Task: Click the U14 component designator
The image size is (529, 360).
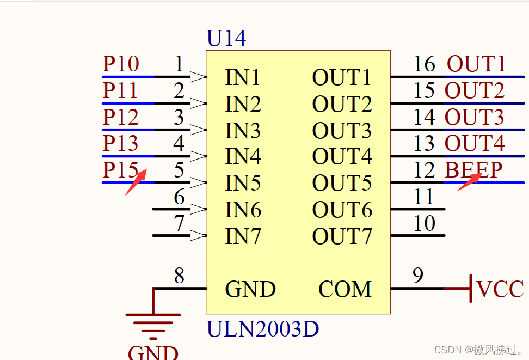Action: pos(226,38)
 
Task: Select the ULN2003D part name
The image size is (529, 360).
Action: pos(262,329)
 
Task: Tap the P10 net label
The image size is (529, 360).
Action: pos(121,64)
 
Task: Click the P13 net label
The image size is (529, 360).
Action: pos(121,144)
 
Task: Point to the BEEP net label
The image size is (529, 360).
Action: pos(473,170)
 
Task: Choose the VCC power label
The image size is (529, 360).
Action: pos(500,289)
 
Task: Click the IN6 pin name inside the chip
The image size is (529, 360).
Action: pos(243,210)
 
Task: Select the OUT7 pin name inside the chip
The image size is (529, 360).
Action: pos(342,236)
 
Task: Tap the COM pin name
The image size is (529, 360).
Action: pos(345,289)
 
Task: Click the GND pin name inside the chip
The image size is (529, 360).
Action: pos(250,289)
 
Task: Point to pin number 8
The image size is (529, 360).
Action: pos(179,276)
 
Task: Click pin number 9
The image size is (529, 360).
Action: pos(417,276)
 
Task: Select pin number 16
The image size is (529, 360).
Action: pos(424,64)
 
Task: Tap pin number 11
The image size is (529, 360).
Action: pos(424,197)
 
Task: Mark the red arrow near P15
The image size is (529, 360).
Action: pos(136,182)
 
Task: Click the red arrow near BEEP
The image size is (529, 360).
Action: pos(469,182)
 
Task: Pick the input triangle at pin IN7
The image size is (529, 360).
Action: pos(198,236)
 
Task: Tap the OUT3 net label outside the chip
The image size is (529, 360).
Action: pos(475,117)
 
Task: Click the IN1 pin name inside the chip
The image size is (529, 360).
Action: pos(243,78)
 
